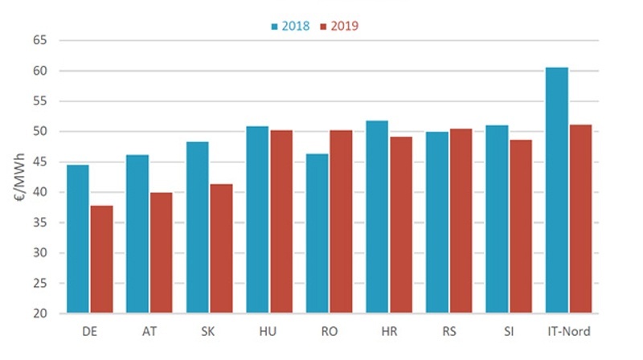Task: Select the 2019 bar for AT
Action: [x=162, y=252]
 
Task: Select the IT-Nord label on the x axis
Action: [x=568, y=332]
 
